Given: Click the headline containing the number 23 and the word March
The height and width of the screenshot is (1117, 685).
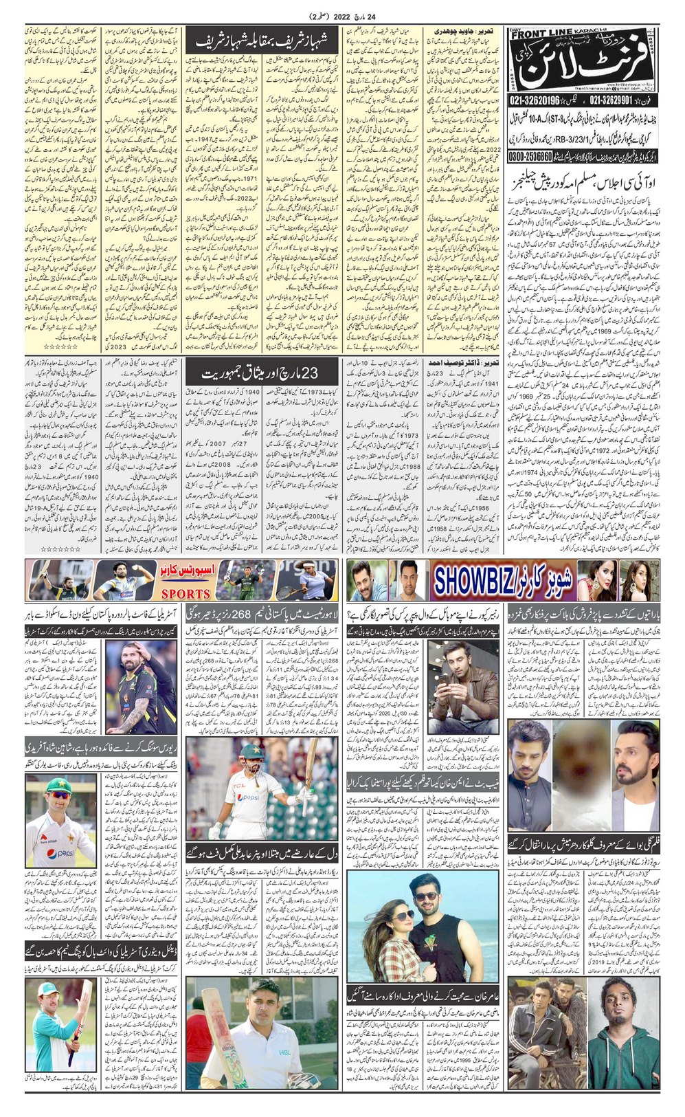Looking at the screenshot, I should [x=261, y=373].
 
